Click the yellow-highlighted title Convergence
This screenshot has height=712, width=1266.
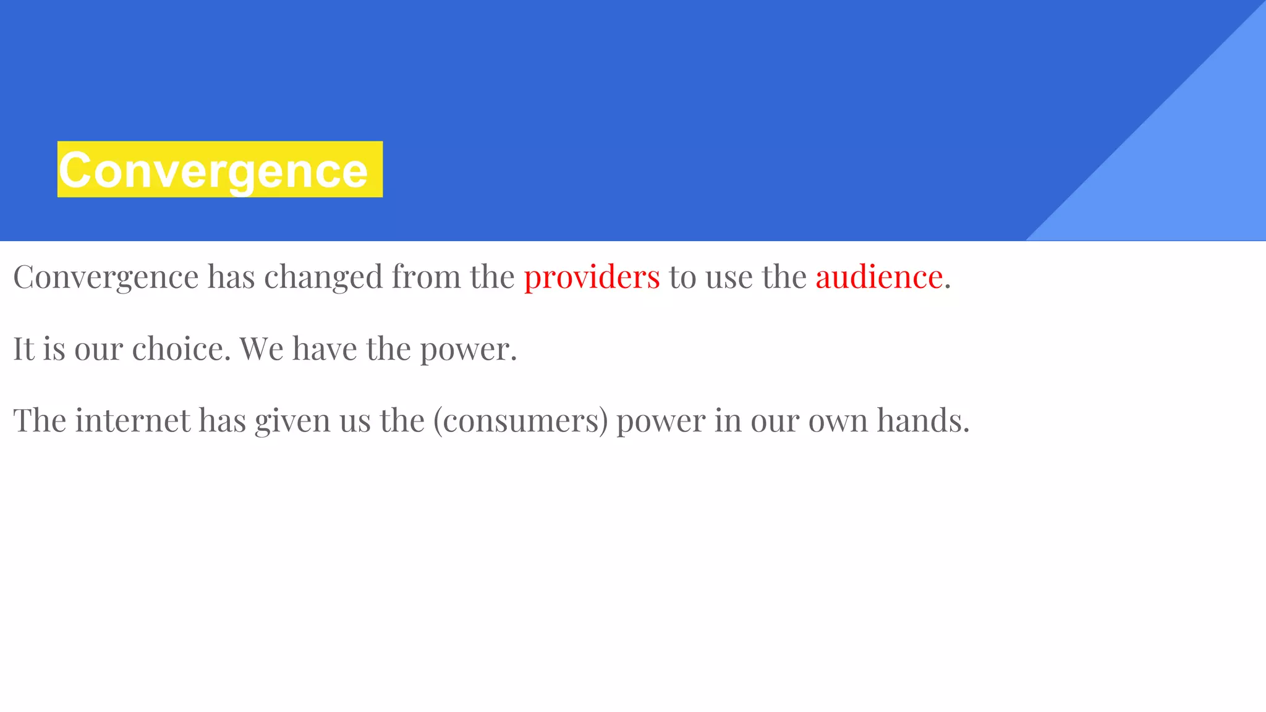[213, 170]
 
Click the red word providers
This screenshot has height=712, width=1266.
[592, 276]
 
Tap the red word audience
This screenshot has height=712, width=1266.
[878, 276]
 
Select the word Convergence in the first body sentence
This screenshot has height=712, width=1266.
[106, 278]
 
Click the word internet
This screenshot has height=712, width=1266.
[133, 420]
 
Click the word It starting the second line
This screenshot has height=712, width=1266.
[23, 349]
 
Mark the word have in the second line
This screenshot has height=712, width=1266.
[325, 349]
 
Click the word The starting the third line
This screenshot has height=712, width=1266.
[40, 420]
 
